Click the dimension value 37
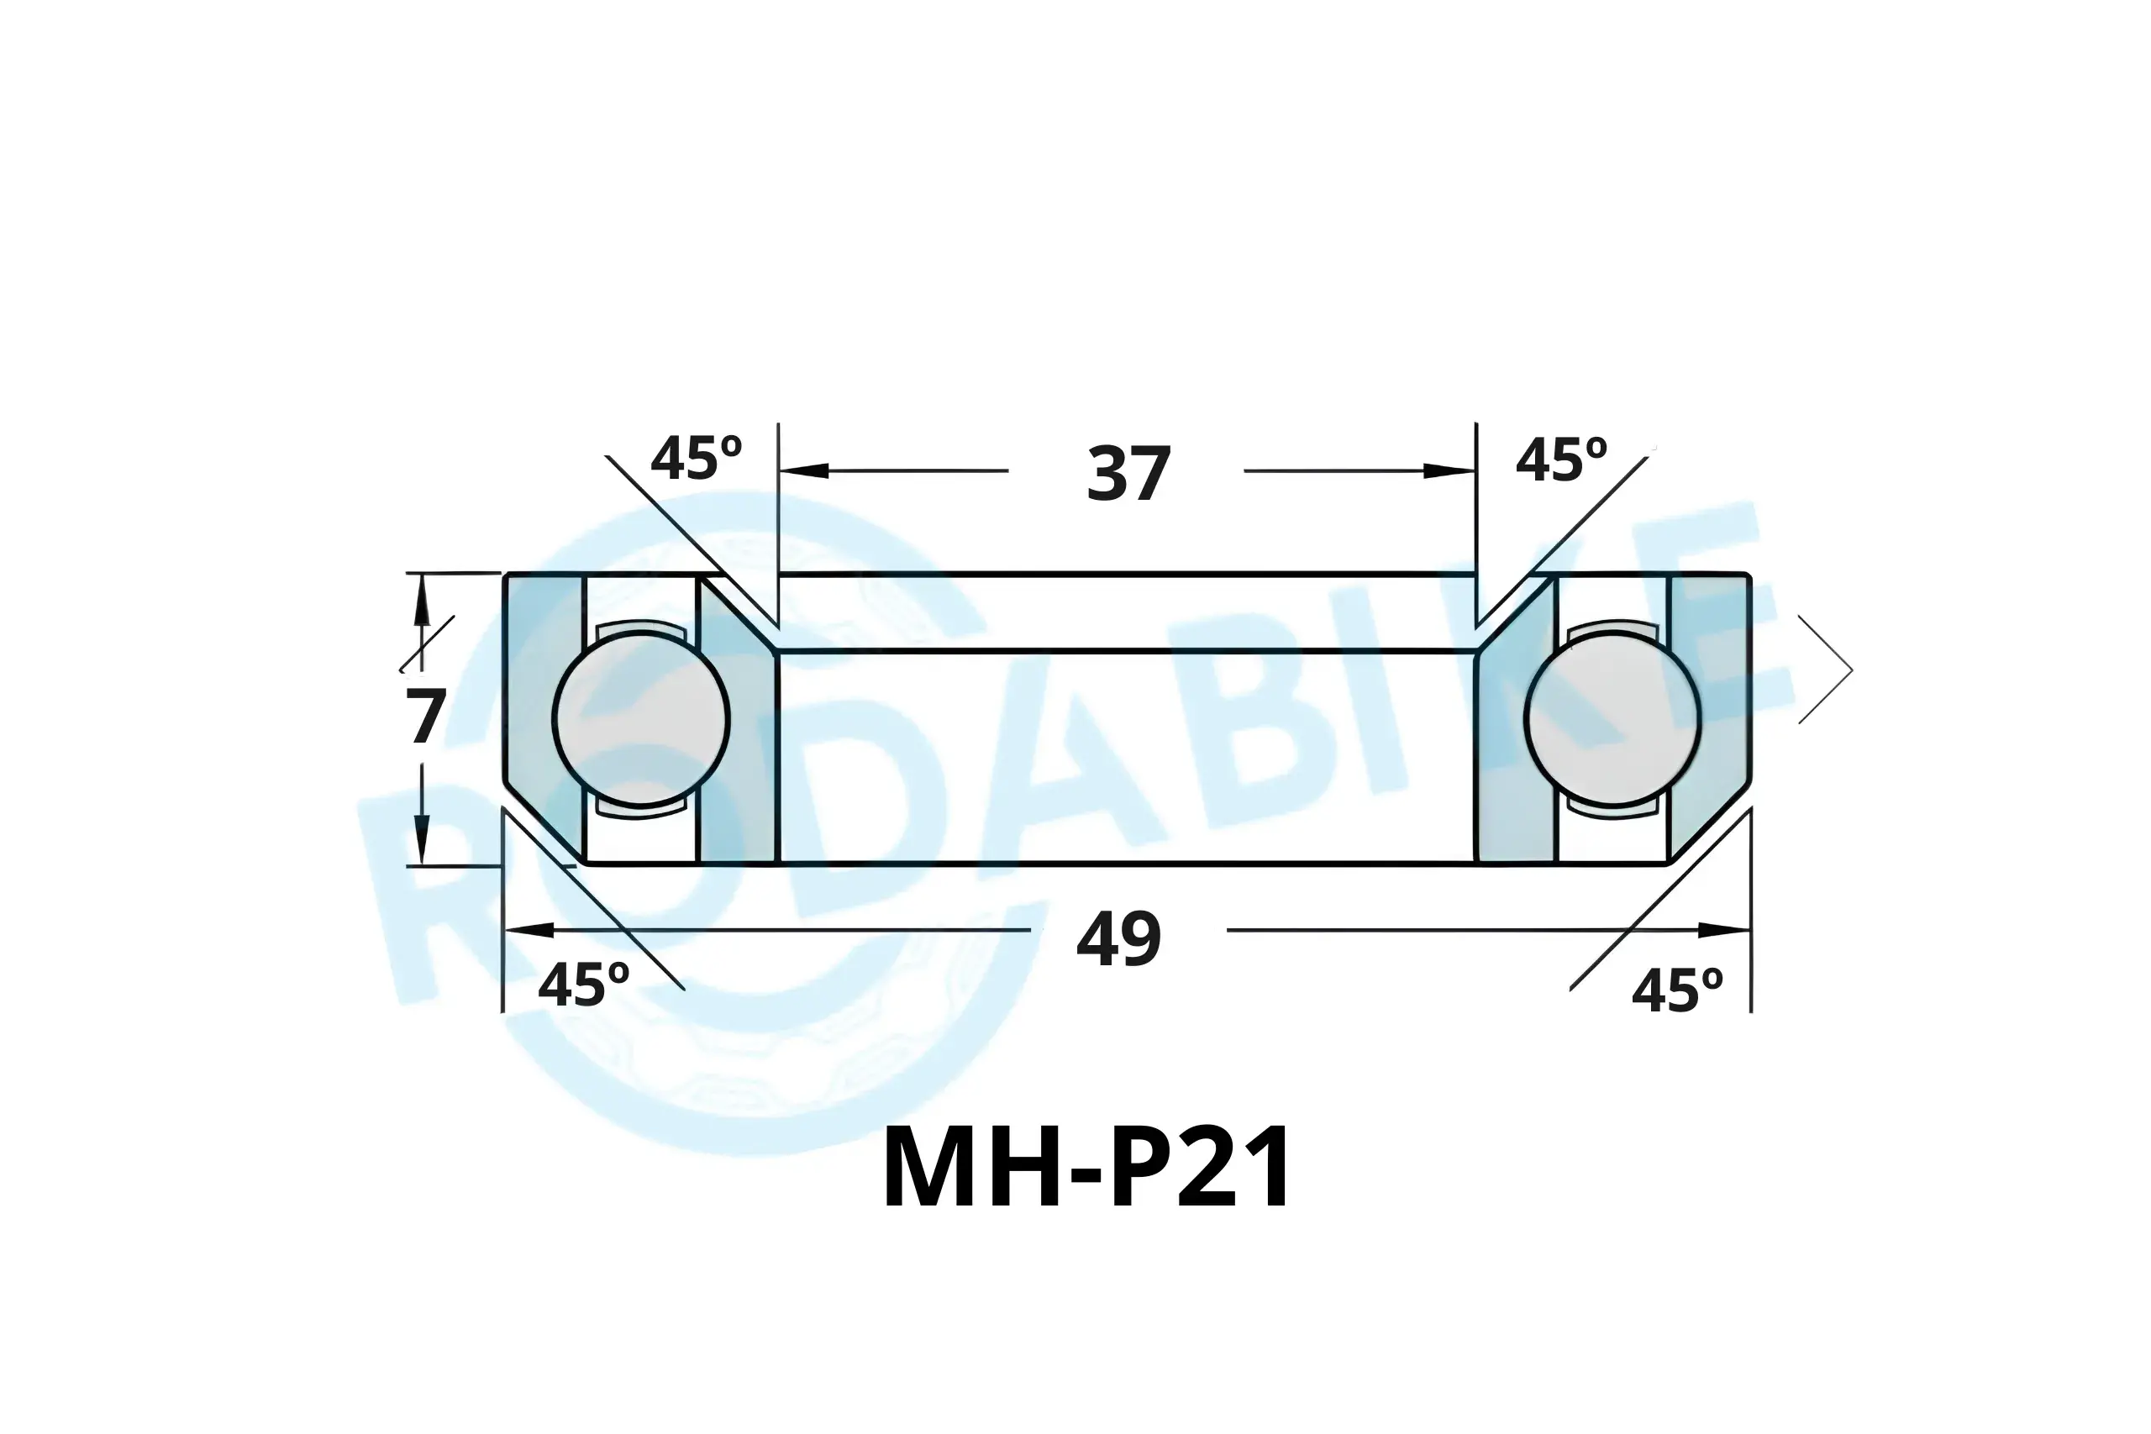coord(1128,474)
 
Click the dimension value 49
coord(1118,939)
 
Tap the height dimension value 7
coord(426,716)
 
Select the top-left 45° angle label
coord(696,458)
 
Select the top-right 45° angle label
coord(1561,460)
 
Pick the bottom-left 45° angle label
coord(583,985)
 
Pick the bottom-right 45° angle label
coord(1677,991)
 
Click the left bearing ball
coord(640,719)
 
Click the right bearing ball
coord(1613,719)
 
